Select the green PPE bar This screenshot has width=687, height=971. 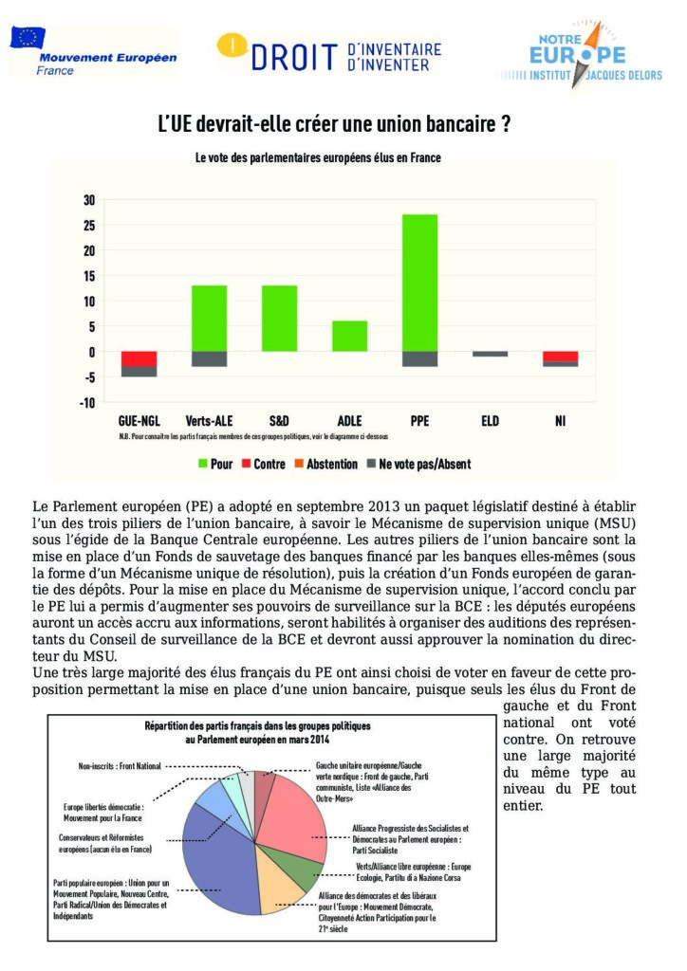click(x=419, y=283)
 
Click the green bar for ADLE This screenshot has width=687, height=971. click(x=350, y=336)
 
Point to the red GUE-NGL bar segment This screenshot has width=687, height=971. click(x=139, y=359)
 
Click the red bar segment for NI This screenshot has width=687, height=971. click(x=560, y=357)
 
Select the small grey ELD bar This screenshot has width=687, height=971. click(x=490, y=354)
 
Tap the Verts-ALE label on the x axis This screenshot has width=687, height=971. click(x=209, y=420)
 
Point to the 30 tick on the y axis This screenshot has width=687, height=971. click(x=89, y=200)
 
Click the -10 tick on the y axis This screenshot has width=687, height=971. click(x=87, y=402)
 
